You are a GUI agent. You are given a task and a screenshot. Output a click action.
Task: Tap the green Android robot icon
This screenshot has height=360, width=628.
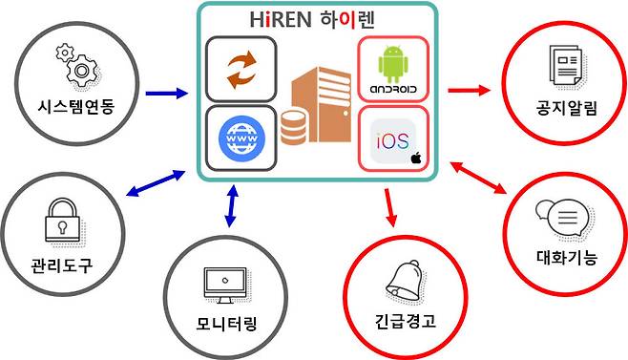click(x=392, y=64)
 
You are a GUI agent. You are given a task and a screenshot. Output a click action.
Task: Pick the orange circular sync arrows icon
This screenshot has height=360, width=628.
click(x=241, y=69)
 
